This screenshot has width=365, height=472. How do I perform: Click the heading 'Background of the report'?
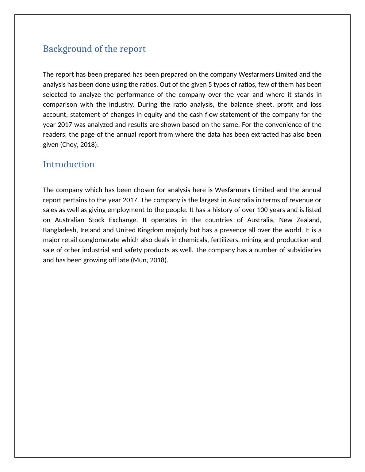point(94,49)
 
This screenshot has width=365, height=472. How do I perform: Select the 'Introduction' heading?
point(69,165)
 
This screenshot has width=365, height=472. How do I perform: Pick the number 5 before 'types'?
point(210,85)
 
